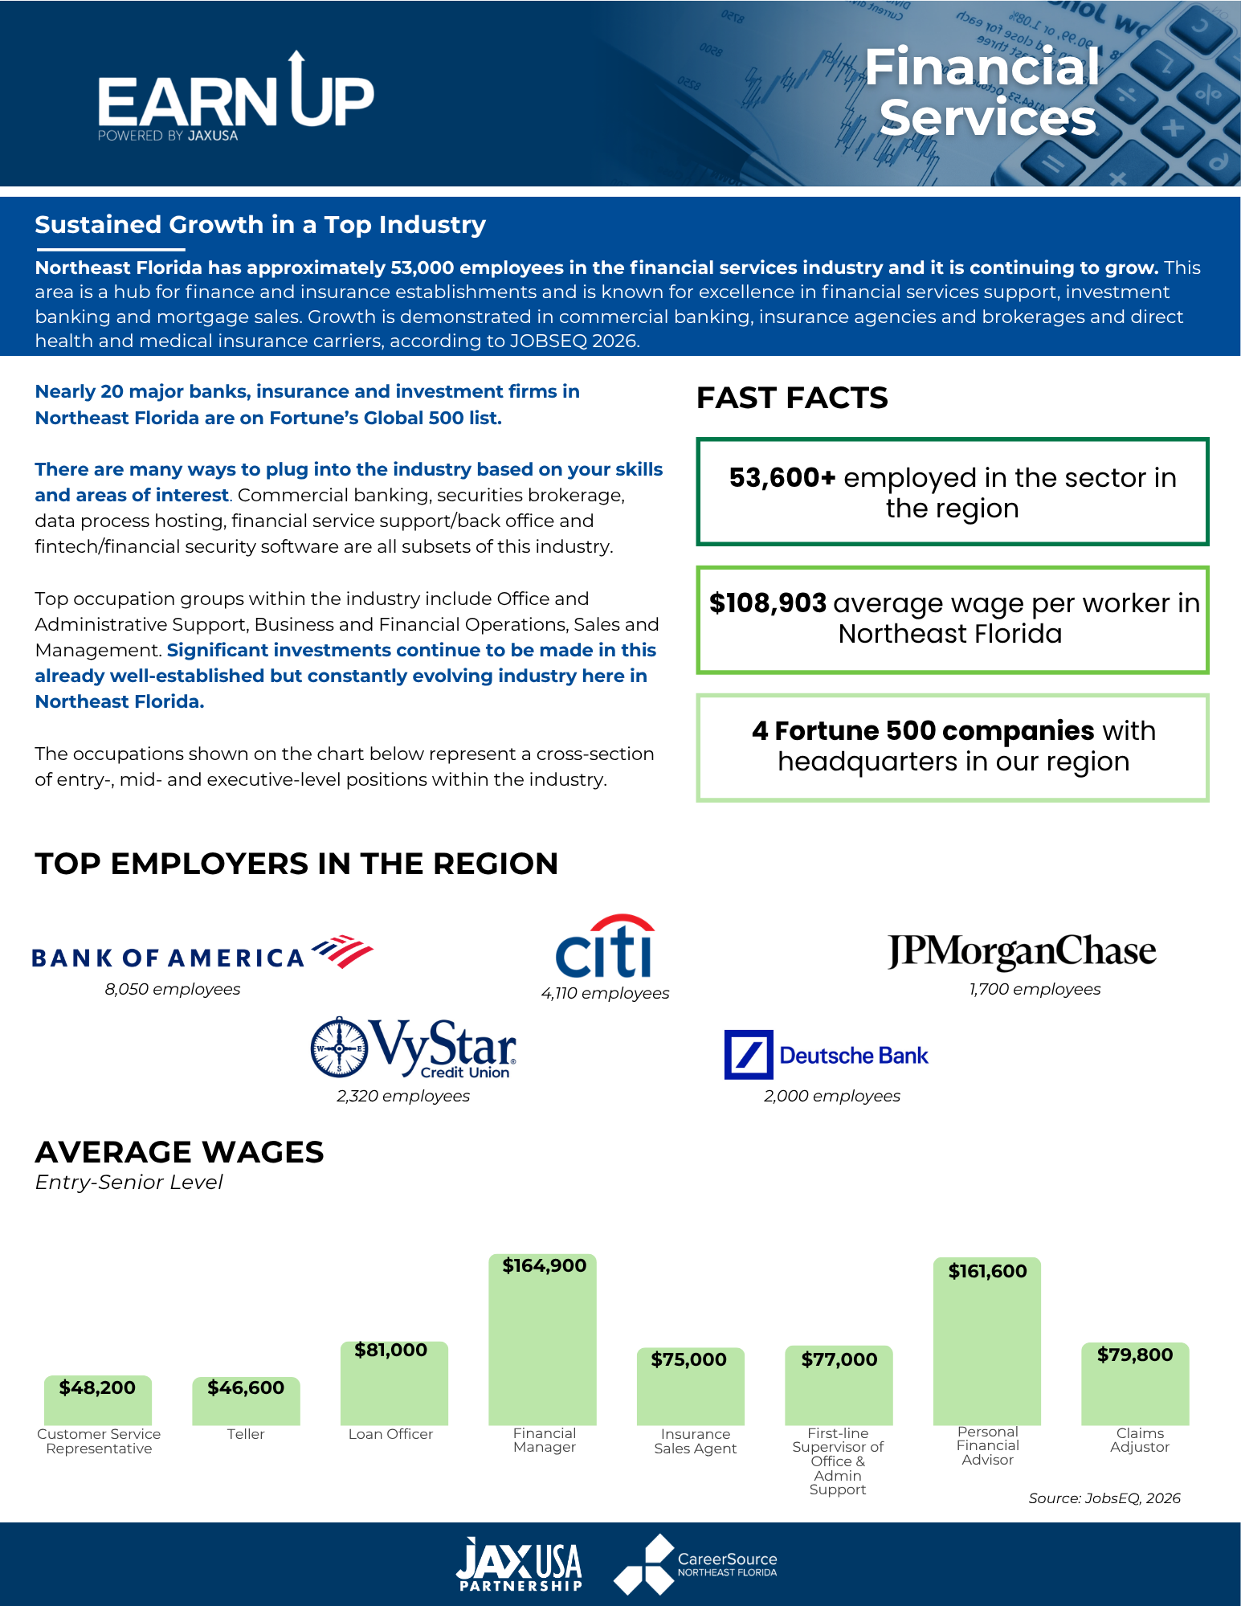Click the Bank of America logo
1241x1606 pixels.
(202, 953)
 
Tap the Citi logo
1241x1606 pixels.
(604, 946)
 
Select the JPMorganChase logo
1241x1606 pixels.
(1022, 951)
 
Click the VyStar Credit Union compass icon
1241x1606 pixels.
(340, 1048)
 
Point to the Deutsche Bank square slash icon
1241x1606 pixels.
(749, 1055)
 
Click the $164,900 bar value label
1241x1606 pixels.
(545, 1265)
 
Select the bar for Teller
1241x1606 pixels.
(246, 1400)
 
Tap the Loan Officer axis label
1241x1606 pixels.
(390, 1434)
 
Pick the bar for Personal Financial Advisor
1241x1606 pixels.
(987, 1341)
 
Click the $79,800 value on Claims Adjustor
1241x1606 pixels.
(1135, 1355)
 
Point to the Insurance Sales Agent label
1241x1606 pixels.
(696, 1441)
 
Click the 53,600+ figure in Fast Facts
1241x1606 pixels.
(782, 477)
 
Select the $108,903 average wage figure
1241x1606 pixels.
(768, 603)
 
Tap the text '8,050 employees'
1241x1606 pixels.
(173, 989)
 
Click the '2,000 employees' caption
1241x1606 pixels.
(832, 1096)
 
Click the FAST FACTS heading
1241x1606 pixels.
(792, 398)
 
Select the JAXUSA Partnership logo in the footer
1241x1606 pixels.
(520, 1564)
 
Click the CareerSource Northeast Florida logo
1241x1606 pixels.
(696, 1564)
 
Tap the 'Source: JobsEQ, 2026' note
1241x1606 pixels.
(1104, 1498)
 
